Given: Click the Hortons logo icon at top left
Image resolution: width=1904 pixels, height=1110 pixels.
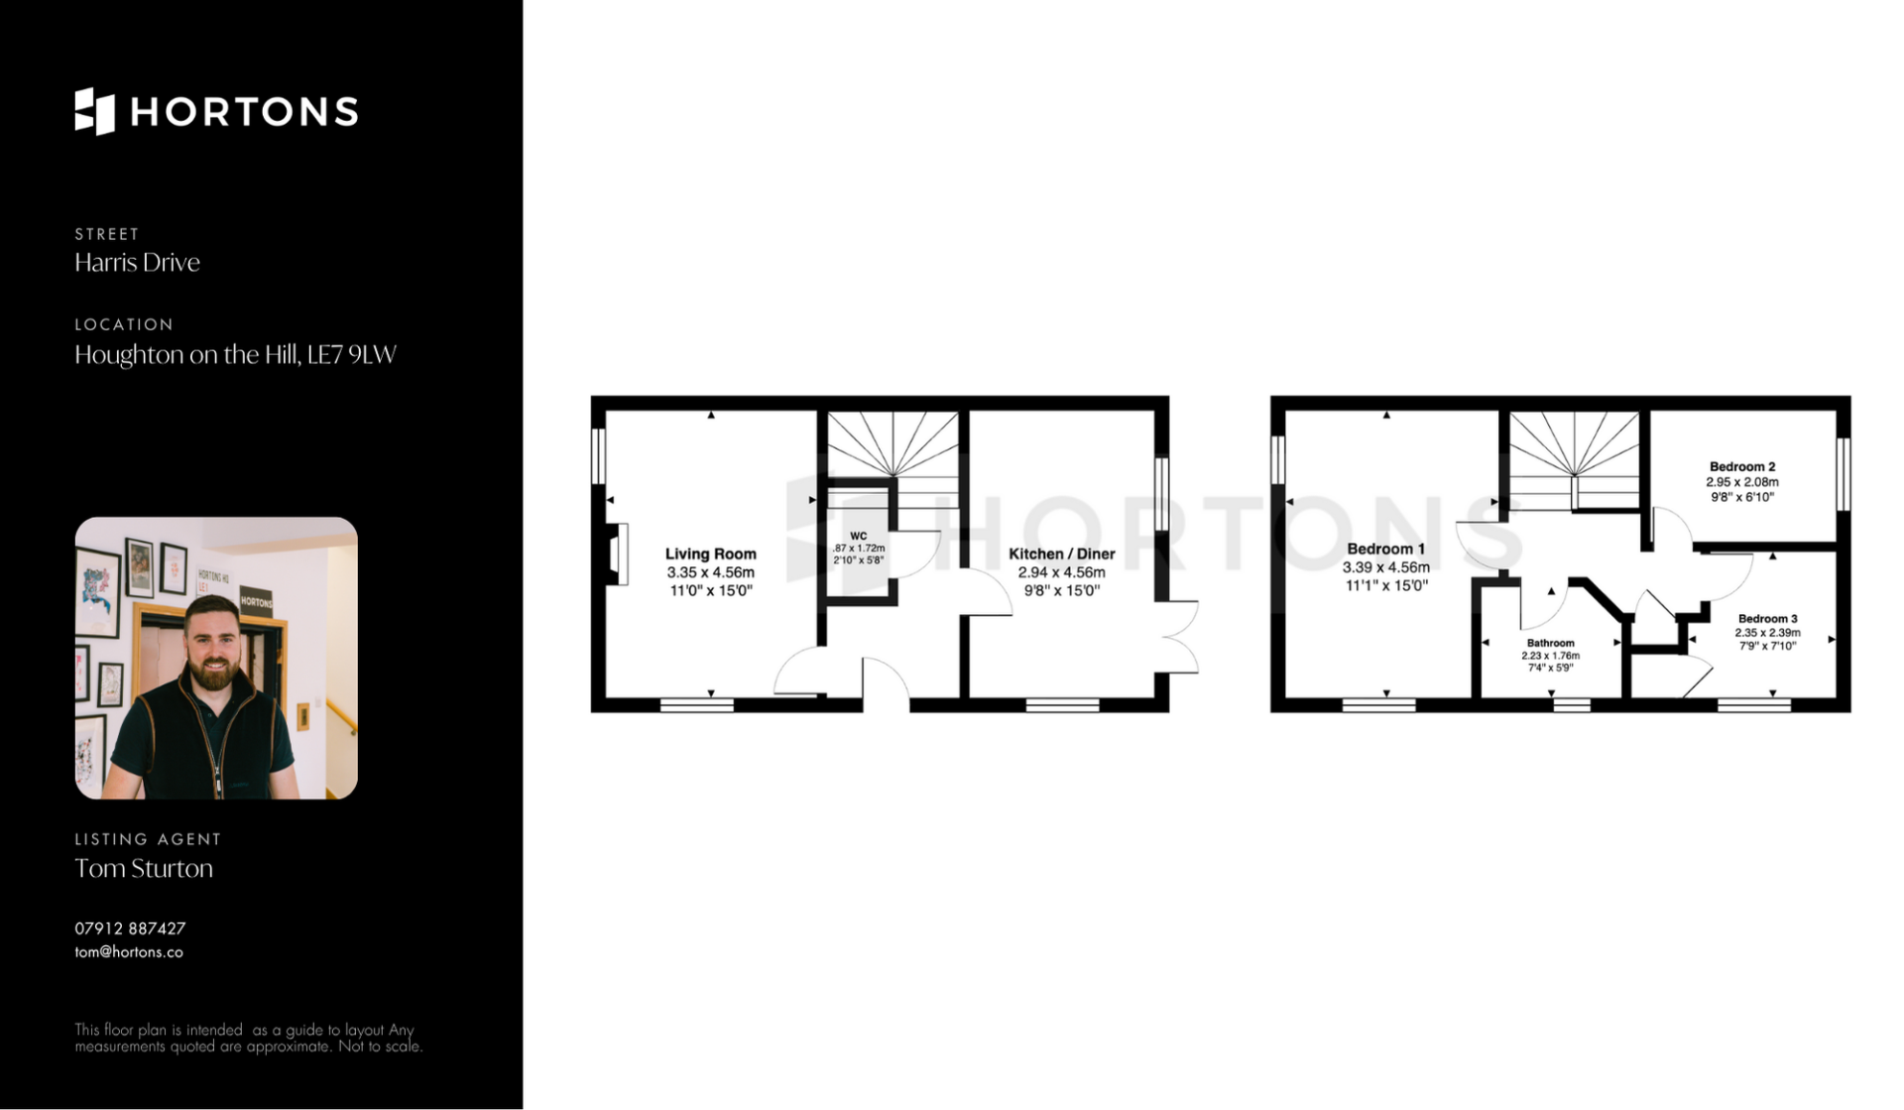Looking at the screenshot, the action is point(95,111).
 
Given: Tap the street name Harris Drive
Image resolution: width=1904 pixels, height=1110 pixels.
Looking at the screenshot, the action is point(137,262).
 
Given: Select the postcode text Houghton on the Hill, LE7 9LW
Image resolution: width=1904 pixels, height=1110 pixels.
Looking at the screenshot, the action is point(235,354).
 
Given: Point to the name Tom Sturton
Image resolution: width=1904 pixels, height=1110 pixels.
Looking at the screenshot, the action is point(144,868).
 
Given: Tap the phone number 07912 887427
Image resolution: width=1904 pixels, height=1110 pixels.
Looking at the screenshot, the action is point(130,928).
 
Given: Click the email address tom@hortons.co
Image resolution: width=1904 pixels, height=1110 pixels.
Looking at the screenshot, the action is point(129,952).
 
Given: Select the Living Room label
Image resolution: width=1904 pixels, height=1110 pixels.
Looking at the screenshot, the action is point(710,554).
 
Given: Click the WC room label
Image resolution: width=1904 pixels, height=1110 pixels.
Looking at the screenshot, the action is point(859,536).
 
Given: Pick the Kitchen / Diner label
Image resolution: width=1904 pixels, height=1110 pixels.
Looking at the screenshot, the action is point(1061,554).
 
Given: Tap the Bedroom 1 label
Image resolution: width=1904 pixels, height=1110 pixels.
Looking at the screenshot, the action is point(1385,549).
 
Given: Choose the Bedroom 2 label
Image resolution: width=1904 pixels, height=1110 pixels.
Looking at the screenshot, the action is point(1742,466).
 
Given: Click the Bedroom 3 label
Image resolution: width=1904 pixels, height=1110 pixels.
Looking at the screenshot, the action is point(1767,618).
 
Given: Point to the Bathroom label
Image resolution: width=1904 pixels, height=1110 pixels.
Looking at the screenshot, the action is point(1550,643).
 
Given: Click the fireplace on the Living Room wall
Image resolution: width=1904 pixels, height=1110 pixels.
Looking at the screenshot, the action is point(618,554).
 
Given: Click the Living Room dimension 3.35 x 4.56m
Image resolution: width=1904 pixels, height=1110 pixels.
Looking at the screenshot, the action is point(710,572).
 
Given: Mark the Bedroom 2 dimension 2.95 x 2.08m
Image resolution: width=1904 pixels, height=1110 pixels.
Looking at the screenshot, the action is point(1742,482).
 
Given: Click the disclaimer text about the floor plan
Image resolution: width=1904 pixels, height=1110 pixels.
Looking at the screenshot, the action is point(248,1038).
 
